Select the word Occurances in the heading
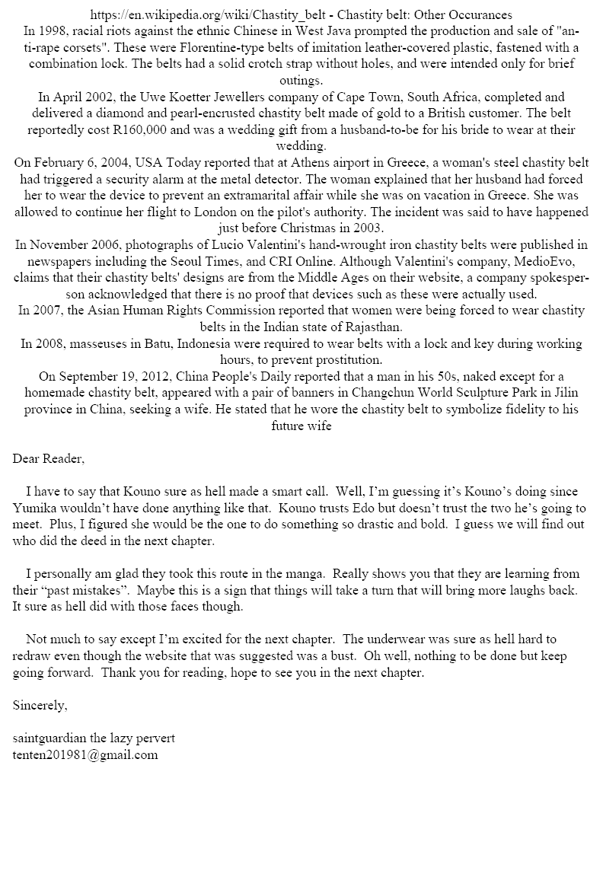point(477,15)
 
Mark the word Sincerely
point(40,705)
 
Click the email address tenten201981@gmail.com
point(85,754)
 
